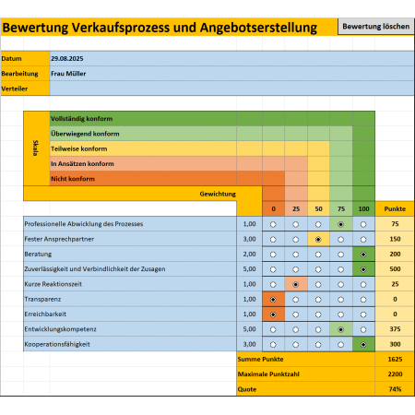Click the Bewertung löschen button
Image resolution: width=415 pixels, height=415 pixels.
[x=375, y=27]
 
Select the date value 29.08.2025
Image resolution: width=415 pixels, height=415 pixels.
[x=67, y=58]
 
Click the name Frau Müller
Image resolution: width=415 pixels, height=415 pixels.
[x=68, y=74]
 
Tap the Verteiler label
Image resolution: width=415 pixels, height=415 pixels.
[x=15, y=89]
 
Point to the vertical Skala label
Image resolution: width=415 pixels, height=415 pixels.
[x=36, y=148]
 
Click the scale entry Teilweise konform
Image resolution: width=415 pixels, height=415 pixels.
[x=79, y=148]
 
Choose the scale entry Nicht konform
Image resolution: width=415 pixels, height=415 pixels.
[x=73, y=179]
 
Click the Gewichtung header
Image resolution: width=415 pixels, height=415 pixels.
[x=218, y=194]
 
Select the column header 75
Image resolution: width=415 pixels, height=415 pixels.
[x=341, y=209]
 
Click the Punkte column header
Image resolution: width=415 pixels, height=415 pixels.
[x=395, y=209]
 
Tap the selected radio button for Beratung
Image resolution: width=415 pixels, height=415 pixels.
[x=363, y=255]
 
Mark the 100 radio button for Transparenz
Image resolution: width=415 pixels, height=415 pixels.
[x=363, y=300]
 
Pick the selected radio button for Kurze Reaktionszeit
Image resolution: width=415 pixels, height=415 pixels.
[x=296, y=285]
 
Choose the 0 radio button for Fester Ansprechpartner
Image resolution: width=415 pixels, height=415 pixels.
[x=273, y=240]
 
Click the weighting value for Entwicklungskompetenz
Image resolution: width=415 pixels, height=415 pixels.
[x=249, y=329]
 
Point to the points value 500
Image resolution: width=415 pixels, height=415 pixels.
[x=395, y=269]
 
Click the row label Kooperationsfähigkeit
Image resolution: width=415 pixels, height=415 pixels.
[x=57, y=344]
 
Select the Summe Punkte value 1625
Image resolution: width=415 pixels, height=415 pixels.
[x=395, y=359]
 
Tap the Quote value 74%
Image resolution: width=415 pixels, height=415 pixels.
[x=395, y=389]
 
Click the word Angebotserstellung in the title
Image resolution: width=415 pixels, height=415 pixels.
[x=258, y=28]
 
